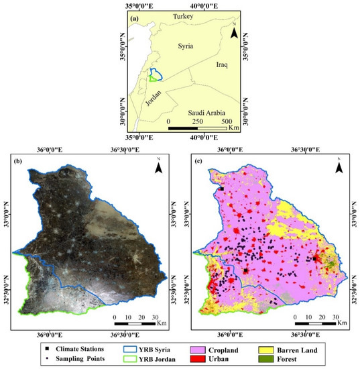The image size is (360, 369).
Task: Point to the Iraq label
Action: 223,65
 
